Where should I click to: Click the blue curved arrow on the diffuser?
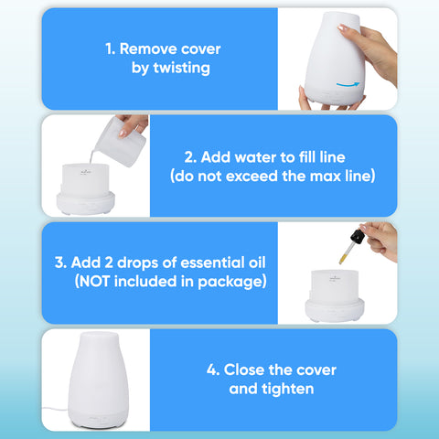(348, 84)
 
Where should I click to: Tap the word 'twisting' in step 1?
(181, 68)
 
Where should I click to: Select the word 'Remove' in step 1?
(145, 48)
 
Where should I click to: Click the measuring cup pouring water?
(121, 142)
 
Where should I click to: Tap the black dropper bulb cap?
(358, 237)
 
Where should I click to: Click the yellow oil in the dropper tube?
(343, 259)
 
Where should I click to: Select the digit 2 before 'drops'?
(109, 262)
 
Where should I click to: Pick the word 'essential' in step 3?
(213, 262)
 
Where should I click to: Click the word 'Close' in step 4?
(244, 370)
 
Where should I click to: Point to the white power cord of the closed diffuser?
(55, 409)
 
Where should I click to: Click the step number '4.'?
(213, 370)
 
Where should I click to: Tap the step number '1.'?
(111, 49)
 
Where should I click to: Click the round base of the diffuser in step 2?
(86, 203)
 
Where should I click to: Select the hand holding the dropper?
(381, 241)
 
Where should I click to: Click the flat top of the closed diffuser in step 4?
(99, 335)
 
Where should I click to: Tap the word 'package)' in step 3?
(232, 282)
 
